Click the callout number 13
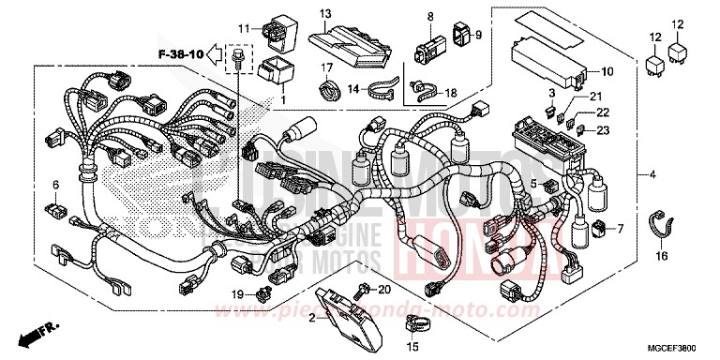pos(325,13)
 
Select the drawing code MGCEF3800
pos(678,346)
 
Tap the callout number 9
pos(476,35)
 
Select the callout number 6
pos(55,184)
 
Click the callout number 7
pos(620,229)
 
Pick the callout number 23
pos(601,129)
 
